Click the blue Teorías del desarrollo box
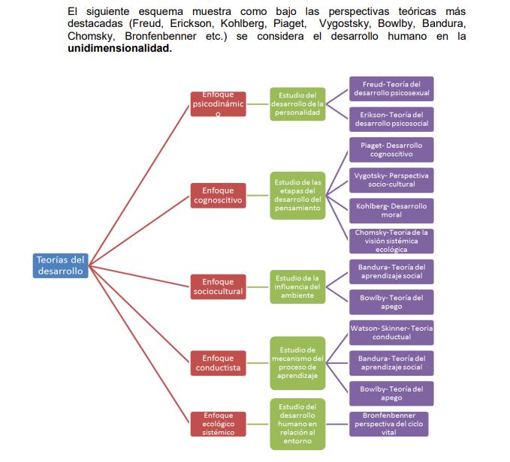click(x=61, y=265)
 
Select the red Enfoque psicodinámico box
click(x=218, y=103)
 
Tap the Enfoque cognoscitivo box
click(x=218, y=196)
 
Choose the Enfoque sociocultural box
click(x=218, y=286)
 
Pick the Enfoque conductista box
click(x=218, y=363)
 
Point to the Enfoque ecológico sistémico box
click(x=218, y=424)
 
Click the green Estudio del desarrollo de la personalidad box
click(x=297, y=103)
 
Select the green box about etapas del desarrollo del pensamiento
click(x=297, y=195)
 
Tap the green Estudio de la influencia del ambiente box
click(x=297, y=286)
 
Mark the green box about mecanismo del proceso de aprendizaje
click(x=297, y=363)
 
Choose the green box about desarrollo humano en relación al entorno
click(x=297, y=424)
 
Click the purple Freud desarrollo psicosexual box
click(x=391, y=88)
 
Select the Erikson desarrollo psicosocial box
click(x=391, y=118)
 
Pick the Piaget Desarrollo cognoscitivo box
click(x=391, y=149)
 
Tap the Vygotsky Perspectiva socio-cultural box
click(x=391, y=180)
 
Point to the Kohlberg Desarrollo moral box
click(x=391, y=211)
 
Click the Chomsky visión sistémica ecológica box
click(x=391, y=241)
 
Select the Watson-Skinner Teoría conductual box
click(x=391, y=332)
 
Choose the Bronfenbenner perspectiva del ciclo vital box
click(x=389, y=424)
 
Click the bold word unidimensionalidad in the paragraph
click(x=119, y=48)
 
